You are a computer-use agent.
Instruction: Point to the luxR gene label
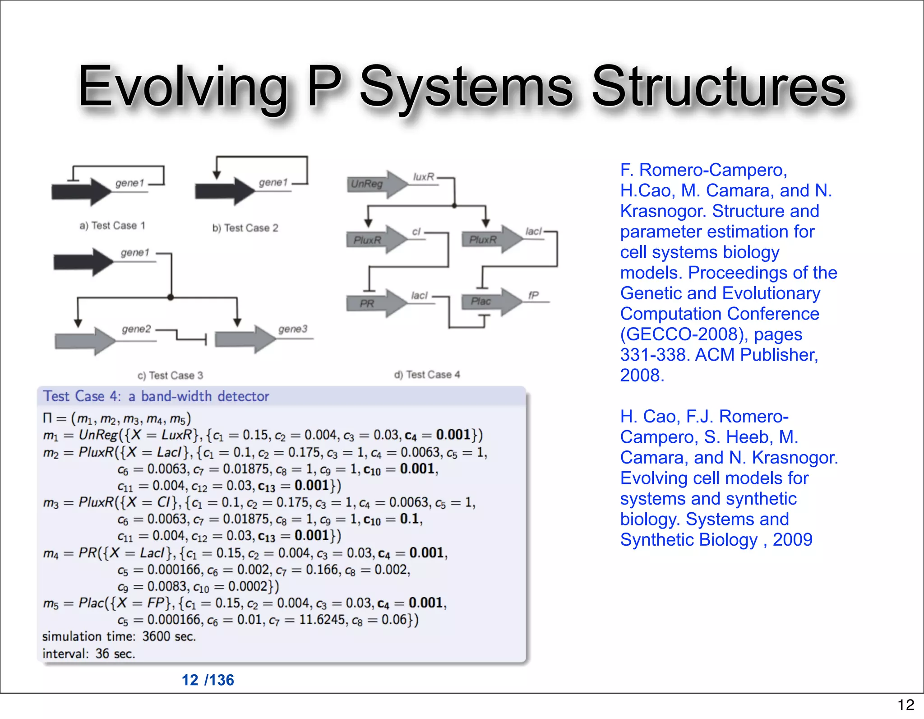[424, 177]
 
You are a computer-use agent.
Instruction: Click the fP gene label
[533, 295]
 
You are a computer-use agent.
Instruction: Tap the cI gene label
[416, 232]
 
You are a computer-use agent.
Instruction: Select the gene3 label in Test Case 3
[293, 329]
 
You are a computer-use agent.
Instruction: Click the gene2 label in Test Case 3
[136, 329]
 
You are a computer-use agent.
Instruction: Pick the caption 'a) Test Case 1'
[112, 225]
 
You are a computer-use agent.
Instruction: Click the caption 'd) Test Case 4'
[427, 375]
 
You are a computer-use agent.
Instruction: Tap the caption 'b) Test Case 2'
[245, 228]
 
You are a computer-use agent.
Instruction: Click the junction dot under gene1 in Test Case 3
[171, 297]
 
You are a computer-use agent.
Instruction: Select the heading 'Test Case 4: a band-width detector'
[156, 396]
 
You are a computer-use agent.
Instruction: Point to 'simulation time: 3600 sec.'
[119, 636]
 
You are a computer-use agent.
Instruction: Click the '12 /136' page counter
[208, 680]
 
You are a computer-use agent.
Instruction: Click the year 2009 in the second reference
[792, 540]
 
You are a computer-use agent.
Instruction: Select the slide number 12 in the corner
[906, 705]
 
